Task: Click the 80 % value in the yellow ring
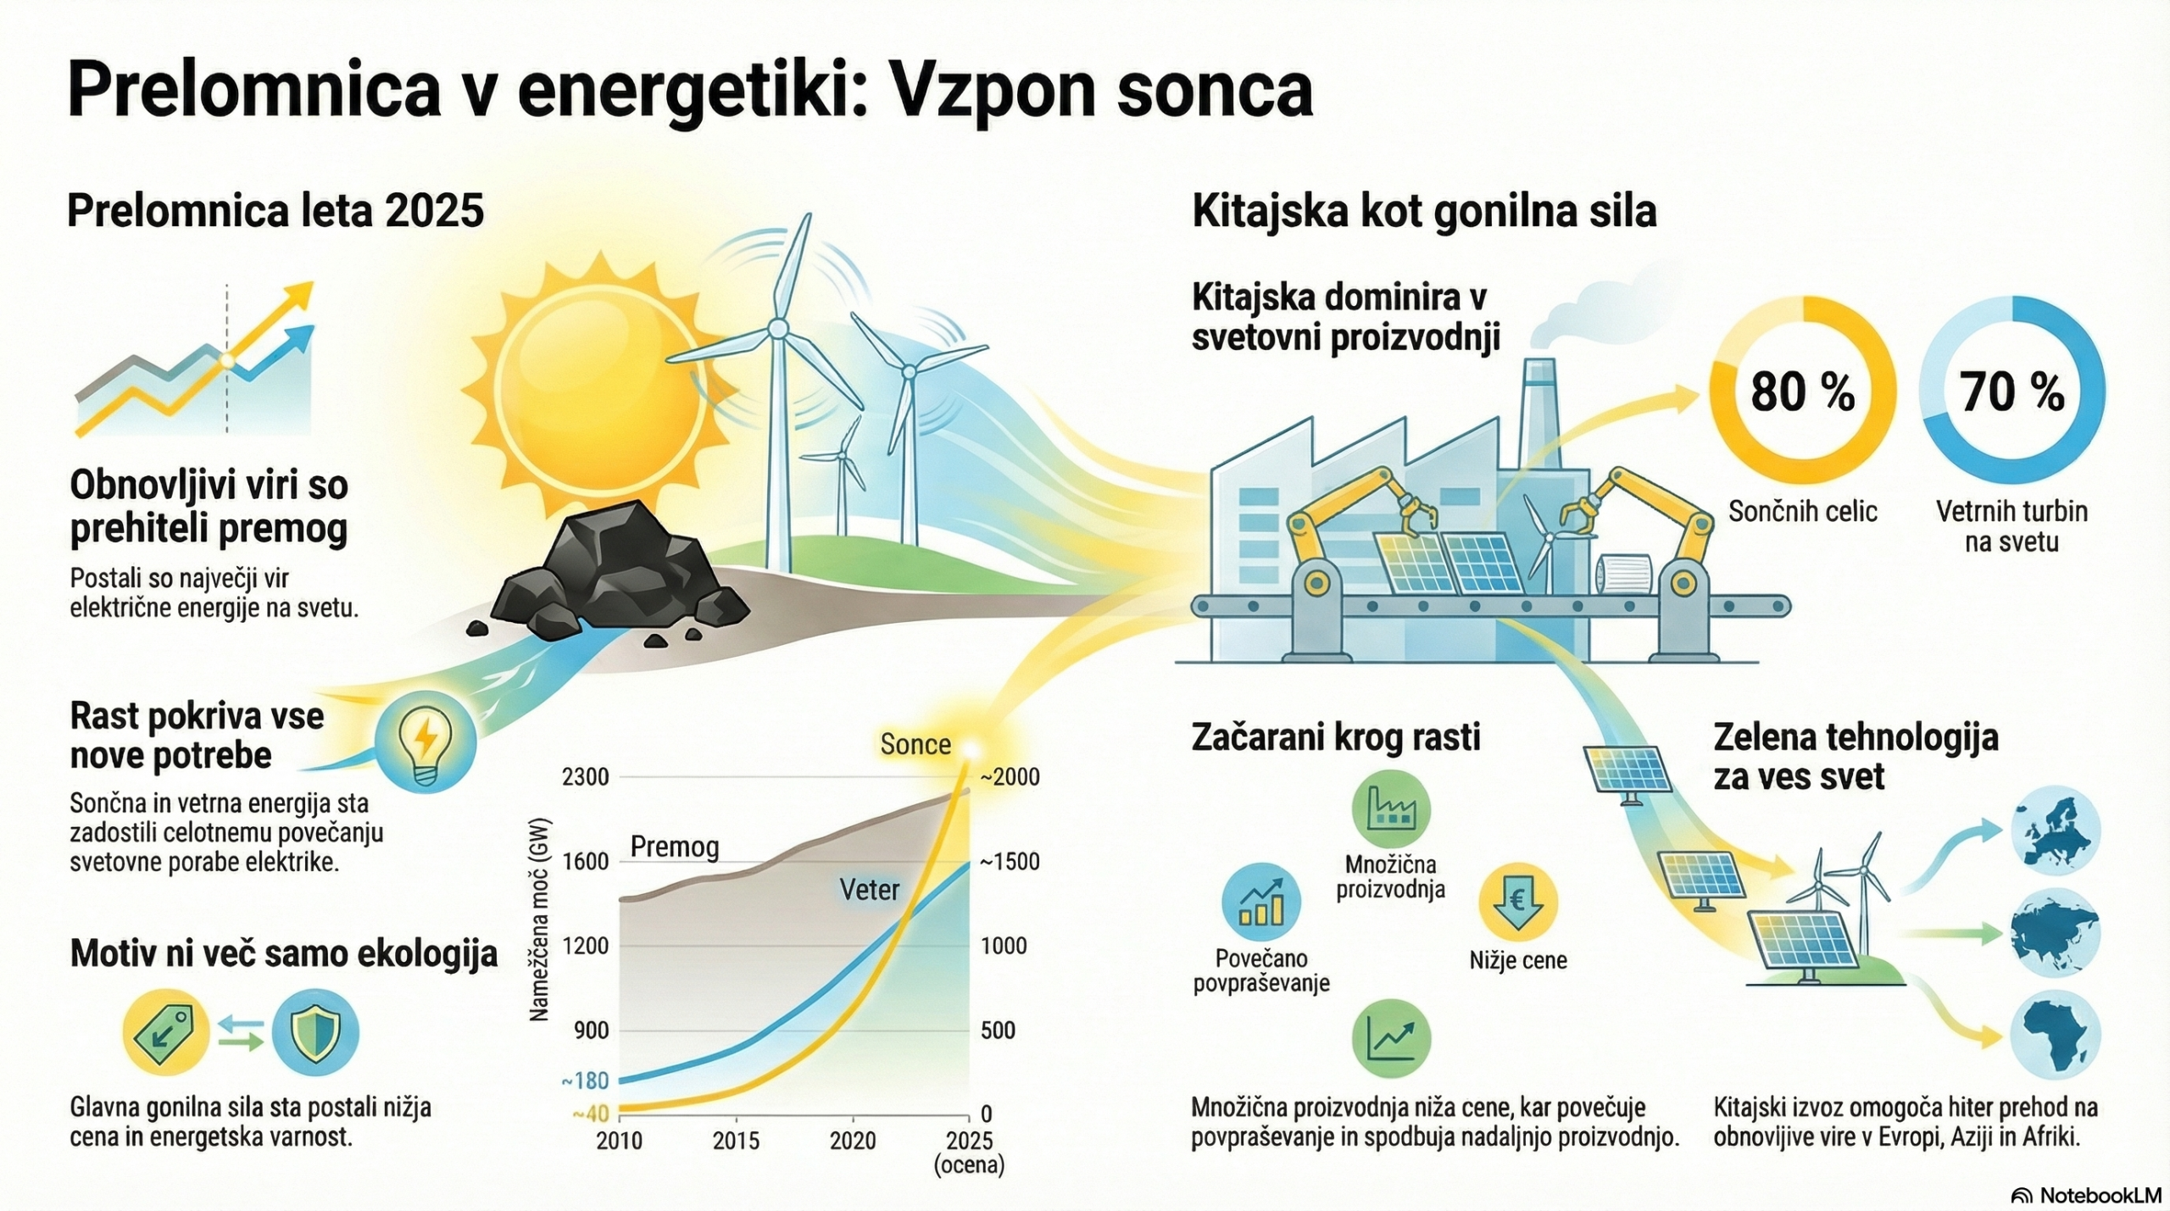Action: coord(1802,392)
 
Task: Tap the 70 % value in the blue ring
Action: coord(2011,392)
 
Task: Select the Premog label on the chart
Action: coord(675,847)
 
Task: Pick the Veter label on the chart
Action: coord(869,889)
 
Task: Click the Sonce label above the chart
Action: coord(915,744)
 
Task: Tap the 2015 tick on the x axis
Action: coord(736,1141)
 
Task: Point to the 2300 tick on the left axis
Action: coord(585,776)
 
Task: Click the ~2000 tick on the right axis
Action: coord(1010,777)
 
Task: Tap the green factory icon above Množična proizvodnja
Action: coord(1391,809)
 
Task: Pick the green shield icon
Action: coord(315,1033)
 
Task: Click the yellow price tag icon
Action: coord(166,1033)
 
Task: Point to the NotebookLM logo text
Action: coord(2089,1195)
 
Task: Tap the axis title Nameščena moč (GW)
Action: coord(540,919)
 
